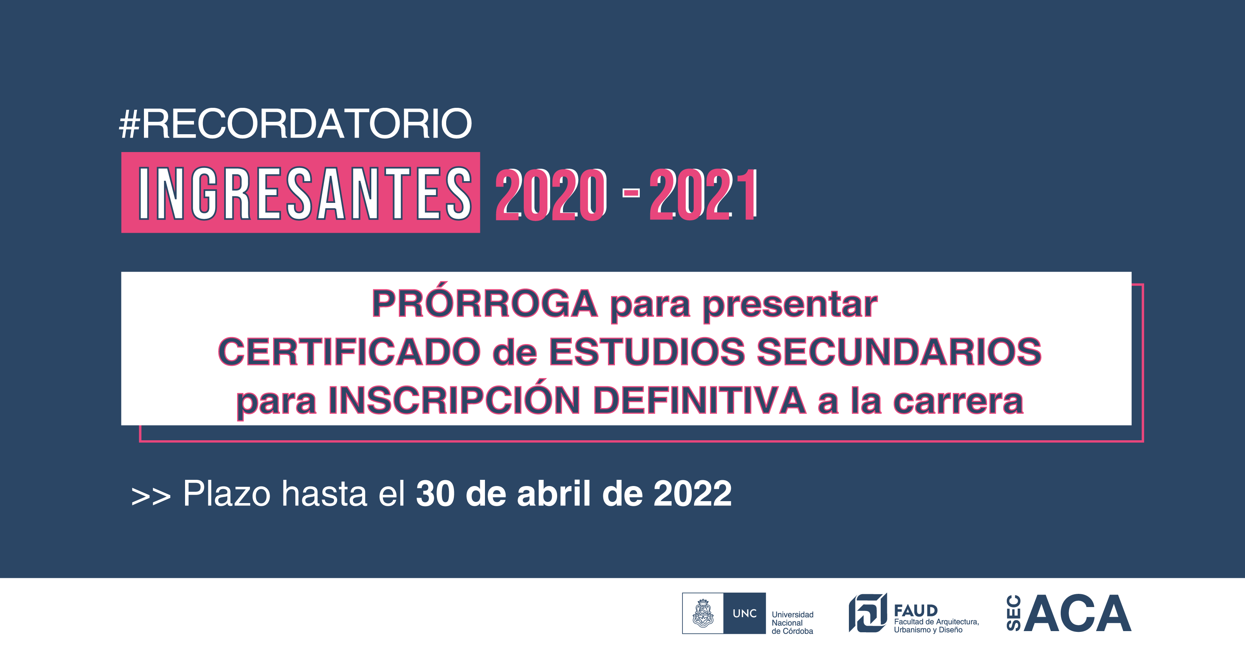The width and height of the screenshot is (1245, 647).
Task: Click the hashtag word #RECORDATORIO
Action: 295,124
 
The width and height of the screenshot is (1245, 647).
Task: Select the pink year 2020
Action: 551,195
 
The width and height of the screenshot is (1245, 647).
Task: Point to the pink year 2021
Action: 704,195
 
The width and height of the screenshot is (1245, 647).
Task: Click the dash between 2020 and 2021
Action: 631,193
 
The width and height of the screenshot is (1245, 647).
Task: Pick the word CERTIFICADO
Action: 349,352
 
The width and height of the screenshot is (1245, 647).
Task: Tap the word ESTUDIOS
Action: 647,352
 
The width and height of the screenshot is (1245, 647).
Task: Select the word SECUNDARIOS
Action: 899,352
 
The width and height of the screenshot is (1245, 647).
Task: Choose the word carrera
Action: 958,402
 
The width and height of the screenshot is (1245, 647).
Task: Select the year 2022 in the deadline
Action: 693,494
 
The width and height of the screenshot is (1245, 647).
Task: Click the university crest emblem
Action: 703,613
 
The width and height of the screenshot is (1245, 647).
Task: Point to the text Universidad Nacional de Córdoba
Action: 793,623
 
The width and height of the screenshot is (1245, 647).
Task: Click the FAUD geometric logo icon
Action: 868,613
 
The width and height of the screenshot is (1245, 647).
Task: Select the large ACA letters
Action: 1077,613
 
